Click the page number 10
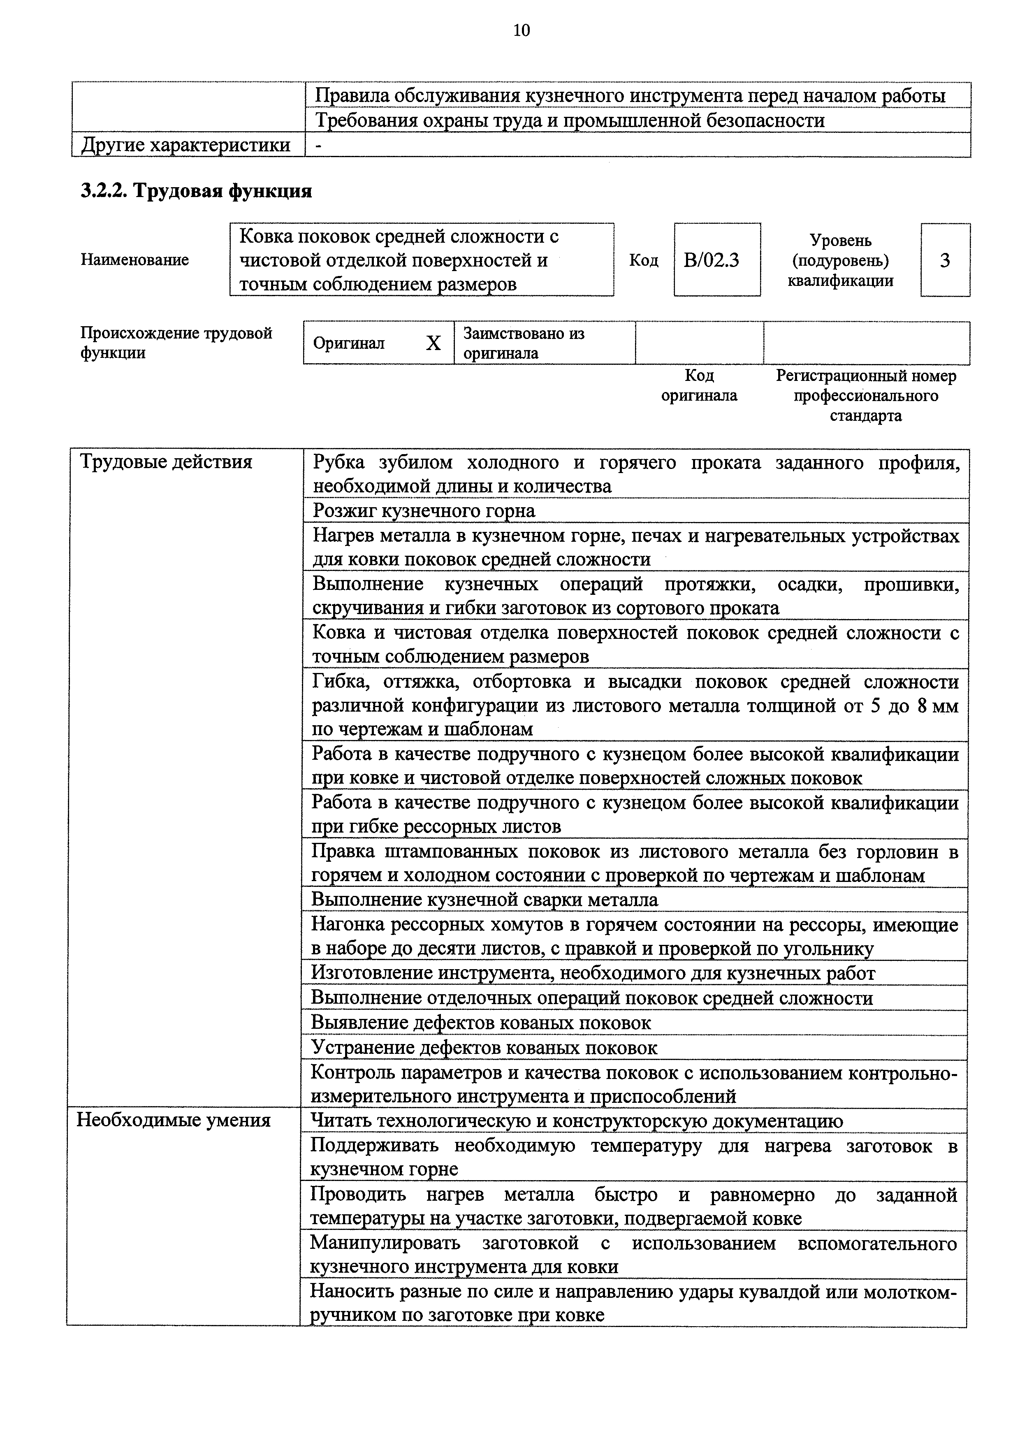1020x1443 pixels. point(521,30)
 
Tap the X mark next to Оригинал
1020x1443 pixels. point(433,343)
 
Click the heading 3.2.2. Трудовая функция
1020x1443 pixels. point(196,191)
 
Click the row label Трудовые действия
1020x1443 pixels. point(166,462)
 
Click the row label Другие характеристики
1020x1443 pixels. point(186,145)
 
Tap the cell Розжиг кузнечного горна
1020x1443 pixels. point(424,510)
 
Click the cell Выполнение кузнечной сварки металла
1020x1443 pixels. point(484,899)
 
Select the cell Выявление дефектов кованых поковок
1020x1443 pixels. point(481,1023)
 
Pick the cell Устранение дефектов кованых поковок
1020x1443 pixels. point(484,1048)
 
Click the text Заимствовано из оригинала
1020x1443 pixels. point(524,343)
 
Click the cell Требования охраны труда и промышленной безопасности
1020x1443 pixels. point(569,120)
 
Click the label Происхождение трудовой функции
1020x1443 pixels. point(176,343)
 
